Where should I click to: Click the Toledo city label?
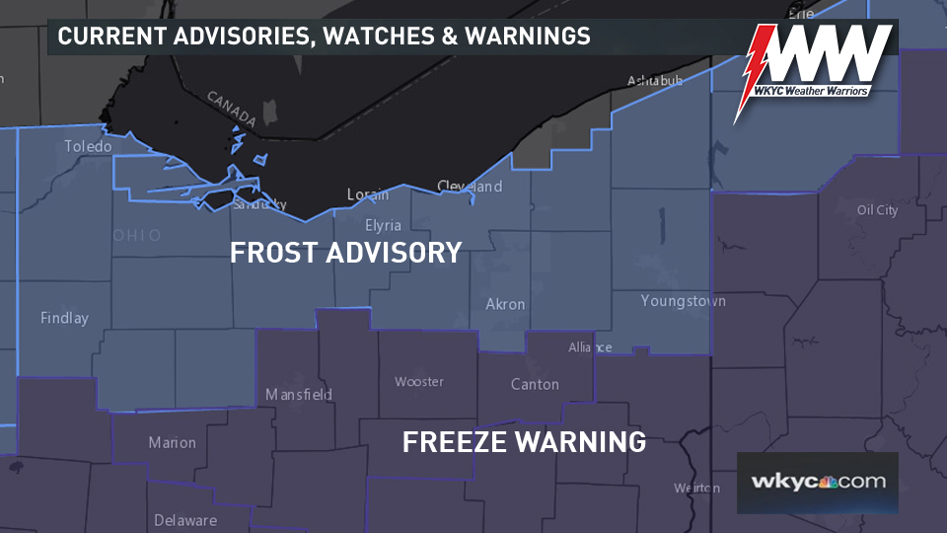88,146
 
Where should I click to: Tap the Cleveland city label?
470,187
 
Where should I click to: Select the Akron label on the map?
505,304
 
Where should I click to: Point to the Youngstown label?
683,300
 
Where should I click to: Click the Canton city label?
535,384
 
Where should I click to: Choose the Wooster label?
419,381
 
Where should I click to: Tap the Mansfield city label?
299,394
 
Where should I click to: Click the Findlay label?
64,318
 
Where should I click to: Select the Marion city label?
172,442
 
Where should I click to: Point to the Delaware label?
184,520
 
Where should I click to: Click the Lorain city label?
368,194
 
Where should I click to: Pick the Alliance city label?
590,347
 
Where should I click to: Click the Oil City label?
877,210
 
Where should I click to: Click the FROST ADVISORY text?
345,253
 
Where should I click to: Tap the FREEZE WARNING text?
524,441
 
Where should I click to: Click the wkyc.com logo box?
817,483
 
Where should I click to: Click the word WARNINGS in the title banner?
529,37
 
